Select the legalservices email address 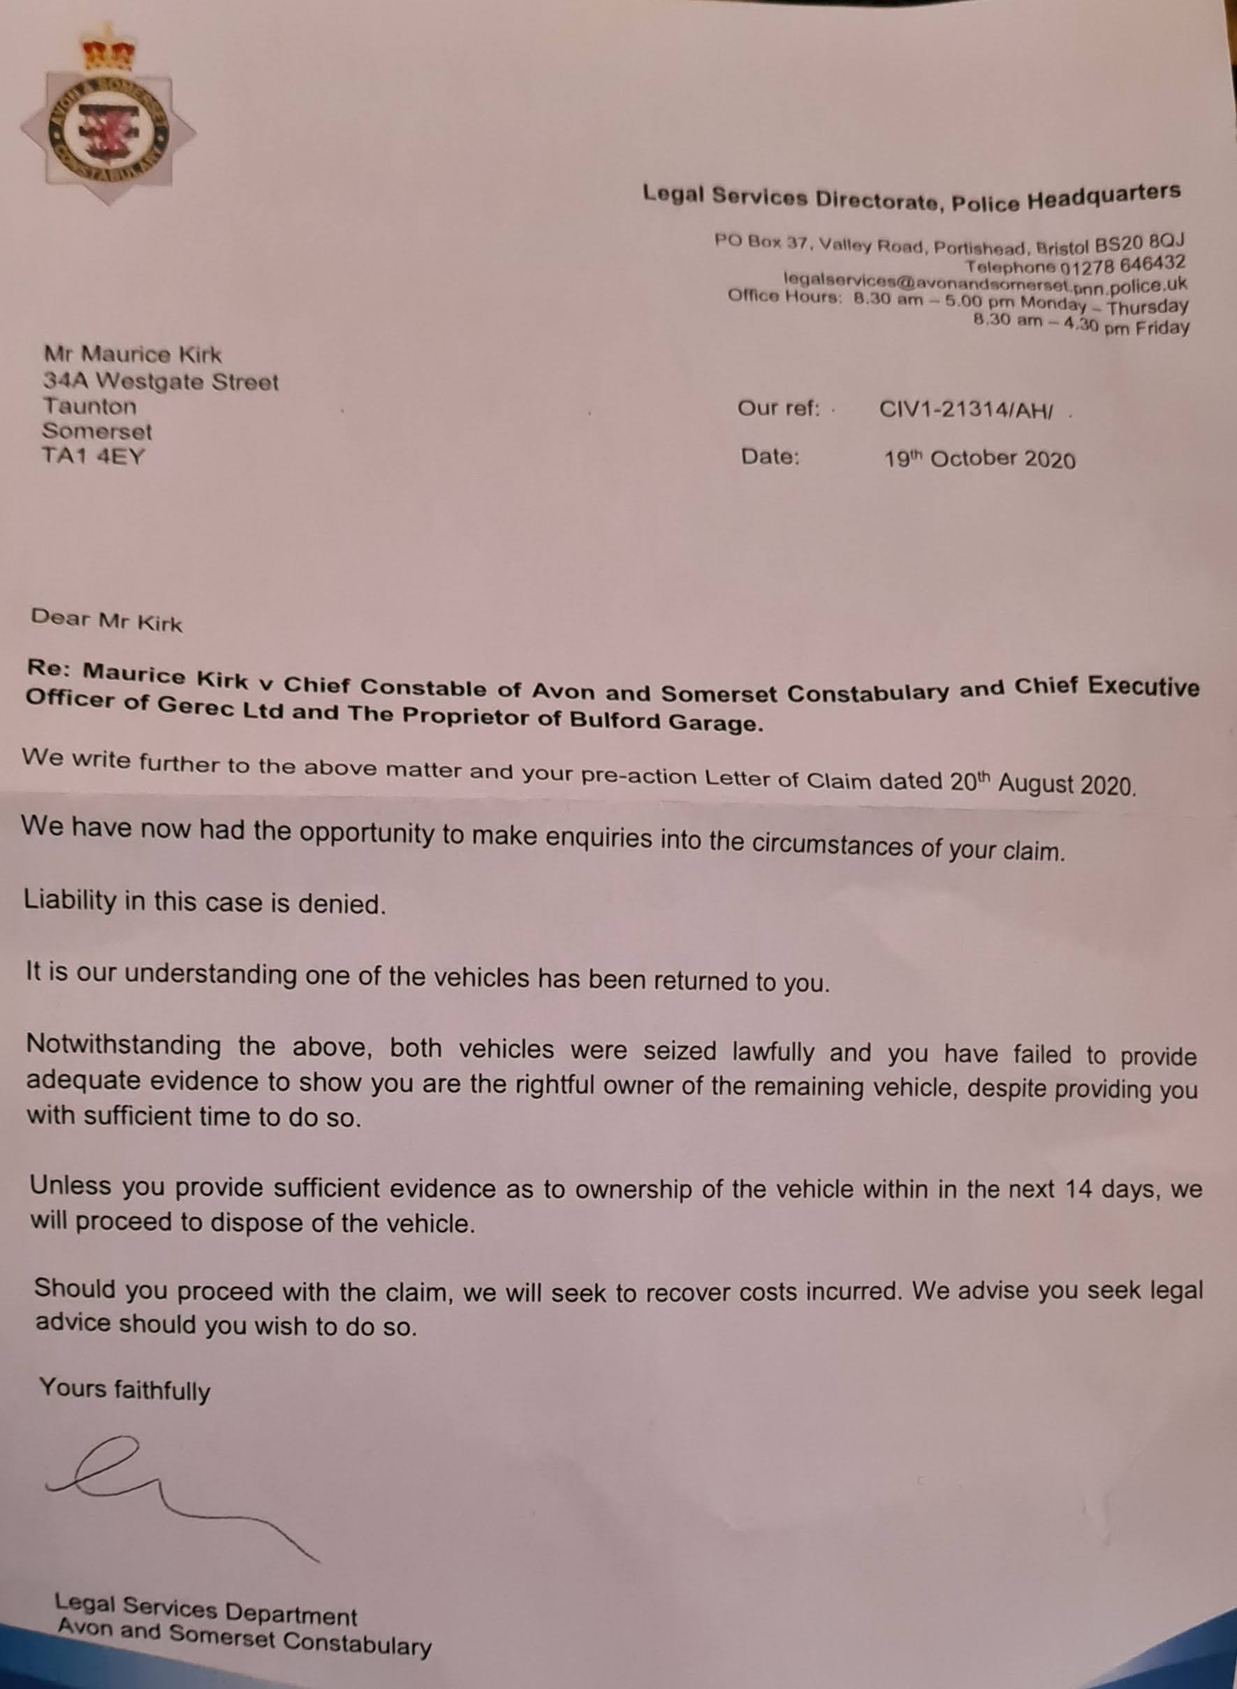pos(985,282)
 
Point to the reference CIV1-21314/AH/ pos(966,410)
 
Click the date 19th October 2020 pos(979,458)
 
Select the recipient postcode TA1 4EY pos(92,456)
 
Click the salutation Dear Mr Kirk pos(105,619)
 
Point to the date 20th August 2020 pos(1042,783)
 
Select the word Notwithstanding pos(124,1045)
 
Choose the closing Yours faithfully pos(124,1388)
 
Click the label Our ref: pos(778,408)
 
